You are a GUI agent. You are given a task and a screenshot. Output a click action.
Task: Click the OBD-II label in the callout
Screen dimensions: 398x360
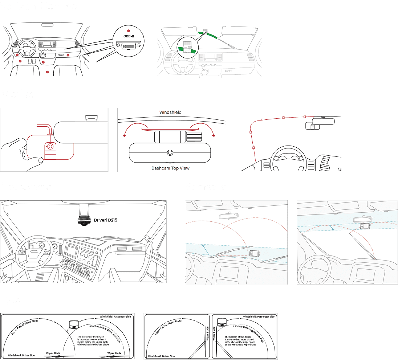tap(129, 36)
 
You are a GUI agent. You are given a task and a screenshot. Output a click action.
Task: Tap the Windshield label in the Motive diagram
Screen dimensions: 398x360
tap(170, 112)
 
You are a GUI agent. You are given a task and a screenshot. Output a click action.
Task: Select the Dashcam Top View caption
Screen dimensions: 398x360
tap(170, 168)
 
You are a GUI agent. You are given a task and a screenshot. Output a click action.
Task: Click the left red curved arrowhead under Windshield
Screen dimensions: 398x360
tap(125, 136)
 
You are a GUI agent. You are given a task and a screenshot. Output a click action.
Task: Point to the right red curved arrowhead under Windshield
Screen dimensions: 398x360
tap(214, 136)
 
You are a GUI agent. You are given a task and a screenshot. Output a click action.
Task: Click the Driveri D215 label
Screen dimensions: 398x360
tap(105, 220)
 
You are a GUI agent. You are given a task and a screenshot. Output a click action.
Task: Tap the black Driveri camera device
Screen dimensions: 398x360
tap(84, 221)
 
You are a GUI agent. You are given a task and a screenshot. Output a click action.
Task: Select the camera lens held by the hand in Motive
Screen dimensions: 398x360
tap(50, 147)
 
